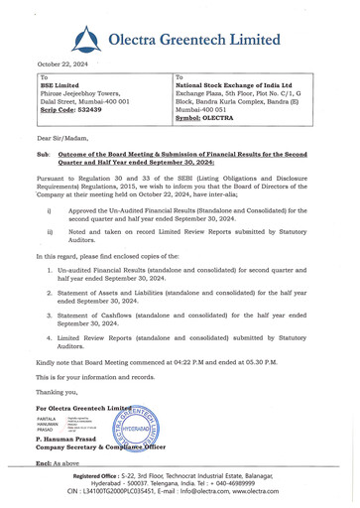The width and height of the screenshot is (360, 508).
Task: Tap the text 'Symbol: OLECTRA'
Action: coord(210,117)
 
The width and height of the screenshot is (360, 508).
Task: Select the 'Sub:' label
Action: coord(43,156)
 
